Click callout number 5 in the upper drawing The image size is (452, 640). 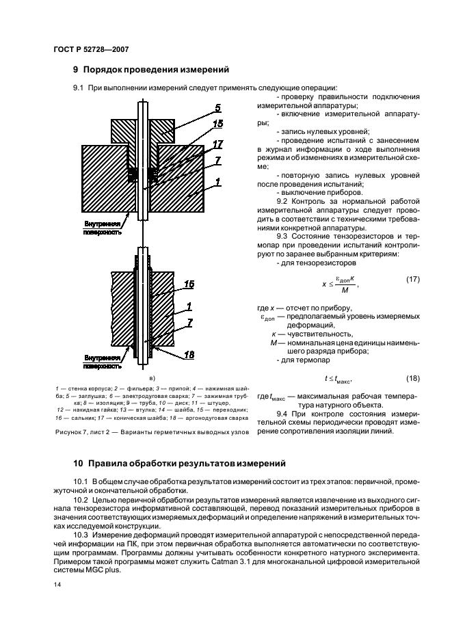coord(218,108)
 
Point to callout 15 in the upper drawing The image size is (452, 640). coord(217,124)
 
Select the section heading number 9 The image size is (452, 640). coord(76,69)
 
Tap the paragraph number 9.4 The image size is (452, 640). coord(284,414)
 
